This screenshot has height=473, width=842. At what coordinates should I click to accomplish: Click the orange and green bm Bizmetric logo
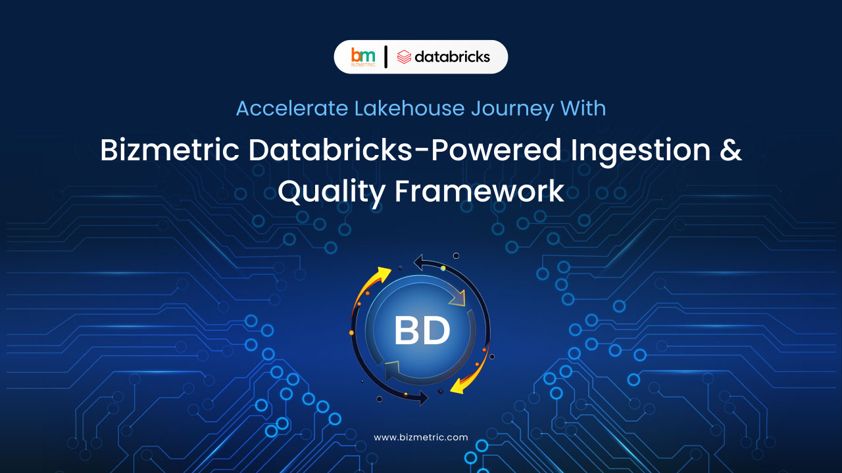click(x=362, y=56)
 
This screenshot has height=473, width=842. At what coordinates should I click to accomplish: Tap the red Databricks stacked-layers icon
click(x=404, y=57)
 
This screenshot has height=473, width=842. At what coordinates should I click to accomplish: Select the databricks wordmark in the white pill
click(x=452, y=56)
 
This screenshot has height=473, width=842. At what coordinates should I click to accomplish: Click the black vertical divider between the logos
click(x=385, y=56)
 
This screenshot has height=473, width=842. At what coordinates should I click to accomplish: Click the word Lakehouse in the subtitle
click(x=409, y=108)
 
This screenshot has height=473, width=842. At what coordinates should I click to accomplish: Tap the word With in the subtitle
click(x=583, y=108)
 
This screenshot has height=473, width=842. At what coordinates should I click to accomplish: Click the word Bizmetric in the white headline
click(x=170, y=149)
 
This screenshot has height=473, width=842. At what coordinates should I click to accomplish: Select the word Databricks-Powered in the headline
click(x=405, y=149)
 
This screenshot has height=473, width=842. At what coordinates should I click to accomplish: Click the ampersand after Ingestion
click(x=731, y=149)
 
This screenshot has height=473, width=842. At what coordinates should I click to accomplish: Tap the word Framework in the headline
click(x=480, y=191)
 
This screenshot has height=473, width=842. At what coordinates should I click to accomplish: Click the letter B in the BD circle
click(x=407, y=330)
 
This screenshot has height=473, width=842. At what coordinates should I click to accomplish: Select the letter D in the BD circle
click(x=437, y=330)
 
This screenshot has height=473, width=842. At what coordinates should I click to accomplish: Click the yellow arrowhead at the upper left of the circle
click(x=384, y=274)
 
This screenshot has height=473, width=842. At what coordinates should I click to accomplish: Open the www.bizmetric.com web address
click(x=421, y=438)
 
